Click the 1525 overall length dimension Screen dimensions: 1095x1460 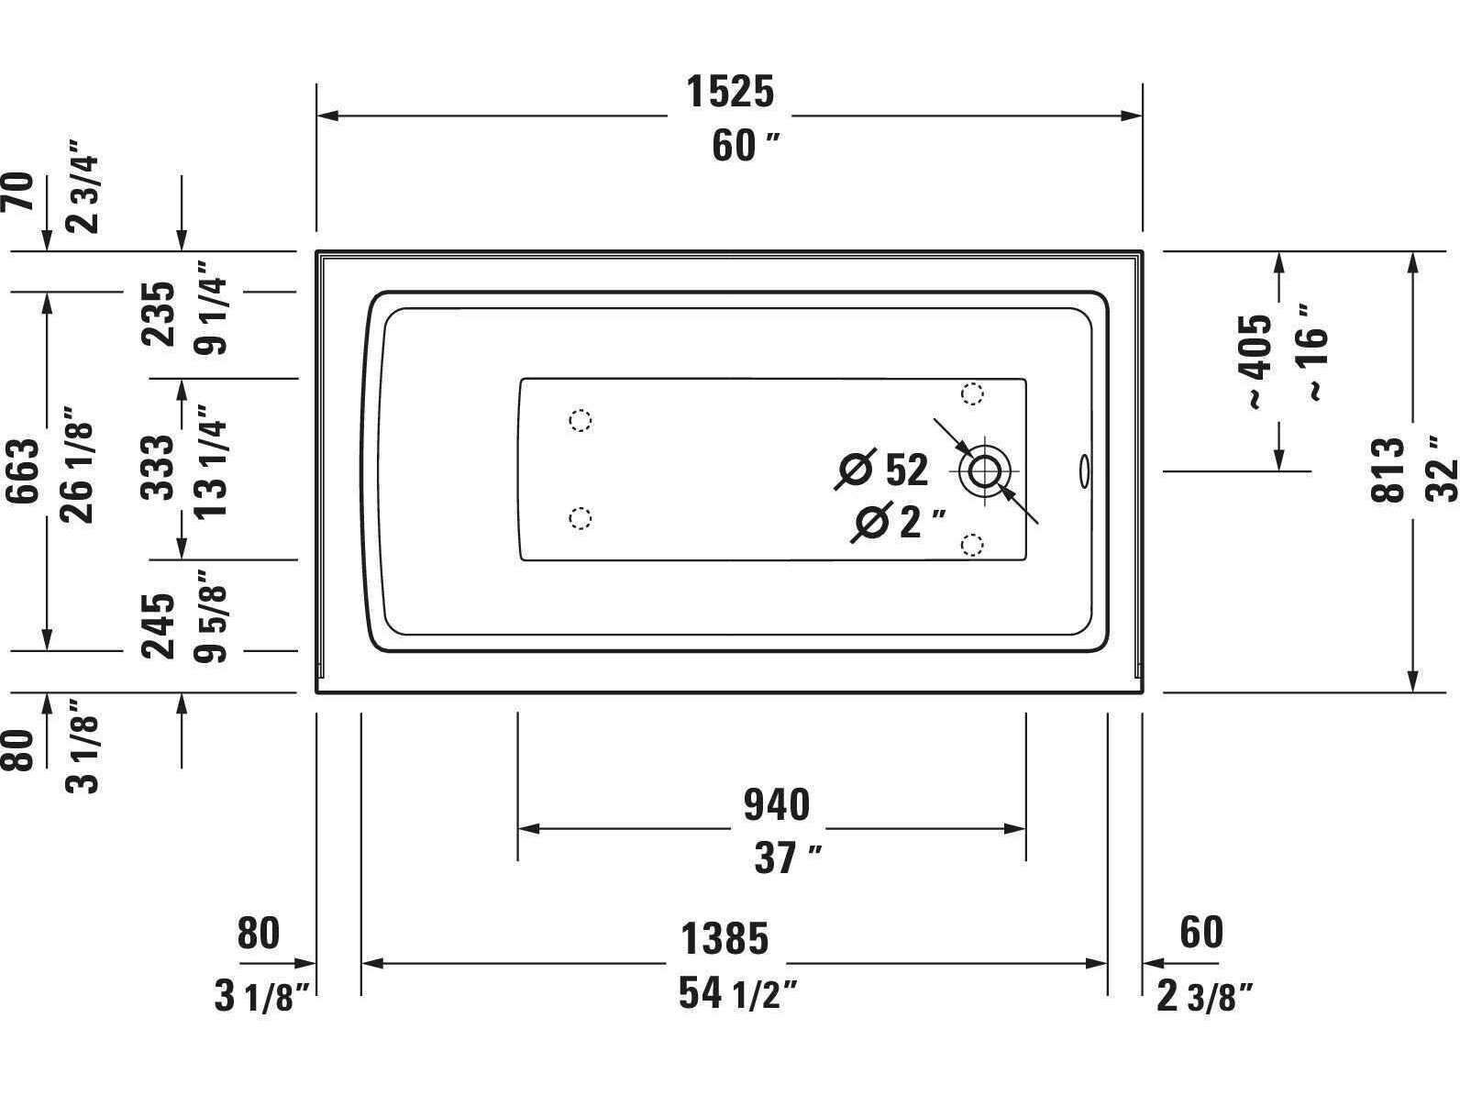point(730,92)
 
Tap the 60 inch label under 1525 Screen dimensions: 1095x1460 point(746,146)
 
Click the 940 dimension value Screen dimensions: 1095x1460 point(776,805)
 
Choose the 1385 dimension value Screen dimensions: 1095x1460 point(724,939)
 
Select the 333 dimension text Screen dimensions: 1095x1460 point(160,467)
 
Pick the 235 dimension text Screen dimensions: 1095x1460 point(160,314)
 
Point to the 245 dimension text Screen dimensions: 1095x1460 point(160,626)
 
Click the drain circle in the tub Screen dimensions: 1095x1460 point(983,471)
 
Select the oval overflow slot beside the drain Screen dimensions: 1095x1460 point(1084,470)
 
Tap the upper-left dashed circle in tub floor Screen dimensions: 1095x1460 point(580,421)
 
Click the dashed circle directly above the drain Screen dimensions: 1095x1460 point(972,394)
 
